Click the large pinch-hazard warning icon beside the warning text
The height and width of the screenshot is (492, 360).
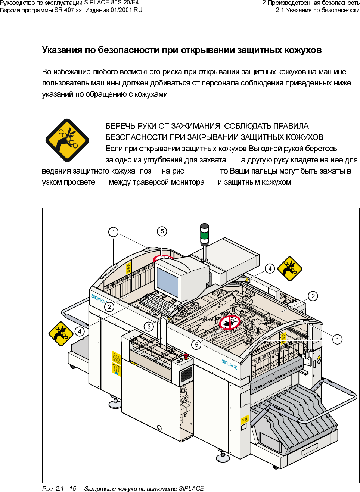click(67, 140)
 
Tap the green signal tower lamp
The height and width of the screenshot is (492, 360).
click(204, 235)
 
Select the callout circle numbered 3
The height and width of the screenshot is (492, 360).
click(149, 327)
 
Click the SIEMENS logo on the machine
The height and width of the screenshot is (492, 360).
click(99, 298)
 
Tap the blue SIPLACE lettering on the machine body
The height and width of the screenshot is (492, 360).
click(229, 364)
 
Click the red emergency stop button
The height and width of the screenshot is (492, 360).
click(186, 356)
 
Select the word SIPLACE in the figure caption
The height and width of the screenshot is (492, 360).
click(191, 488)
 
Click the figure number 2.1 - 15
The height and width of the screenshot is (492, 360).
click(66, 488)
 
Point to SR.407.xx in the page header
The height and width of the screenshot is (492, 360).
click(68, 10)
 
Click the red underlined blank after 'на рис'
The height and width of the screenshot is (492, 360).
click(201, 172)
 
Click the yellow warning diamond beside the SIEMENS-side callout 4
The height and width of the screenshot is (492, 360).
click(61, 333)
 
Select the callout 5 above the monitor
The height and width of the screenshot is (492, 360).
click(162, 231)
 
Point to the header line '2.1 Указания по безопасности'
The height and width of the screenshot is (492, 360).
click(317, 10)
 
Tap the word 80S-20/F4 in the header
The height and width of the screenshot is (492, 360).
click(125, 3)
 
